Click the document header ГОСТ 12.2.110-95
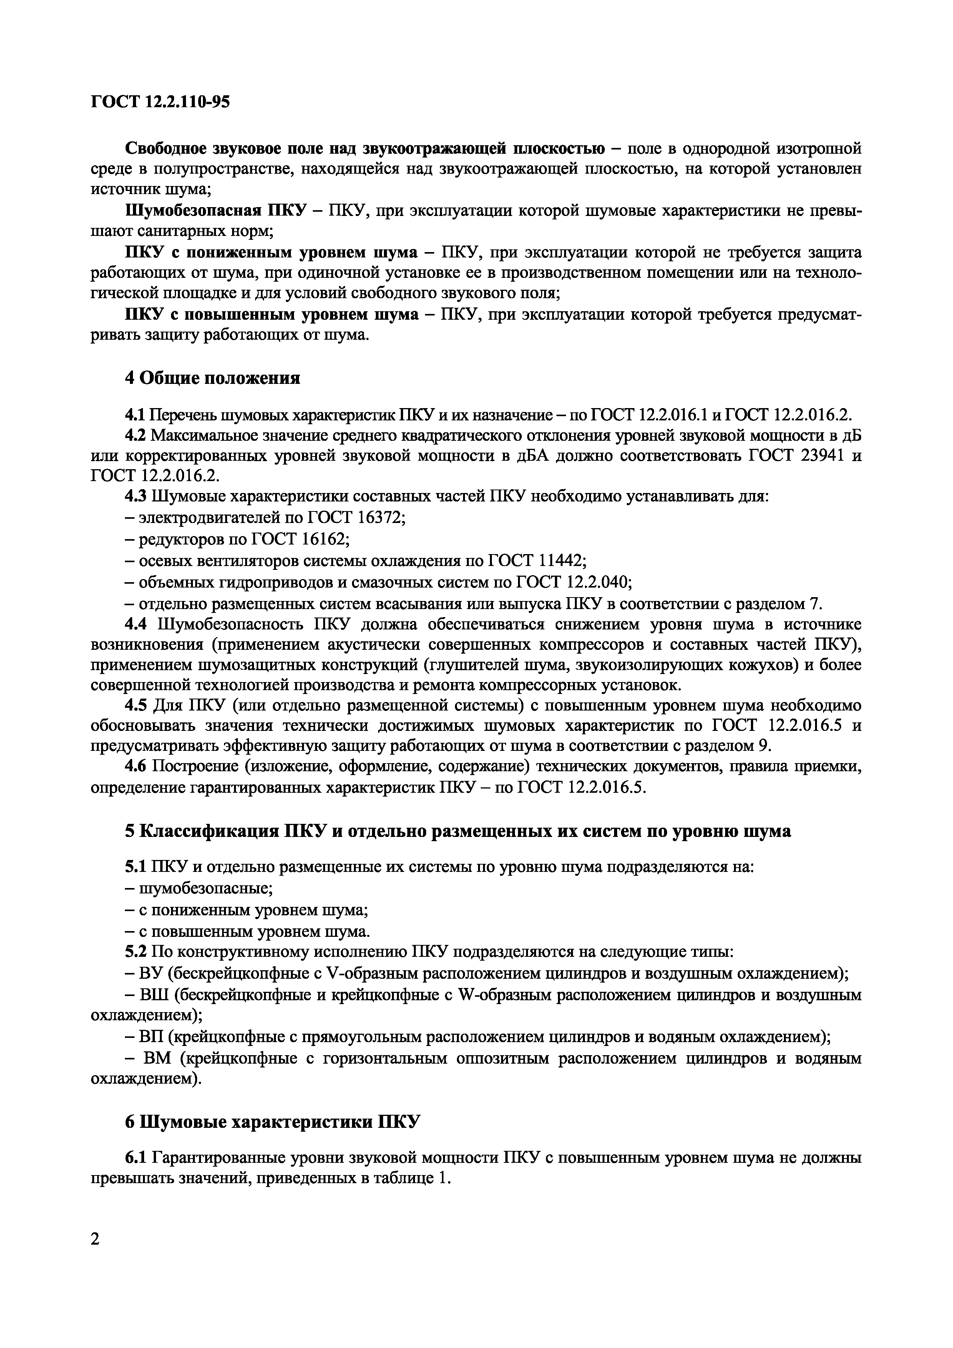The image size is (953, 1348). coord(160,102)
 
